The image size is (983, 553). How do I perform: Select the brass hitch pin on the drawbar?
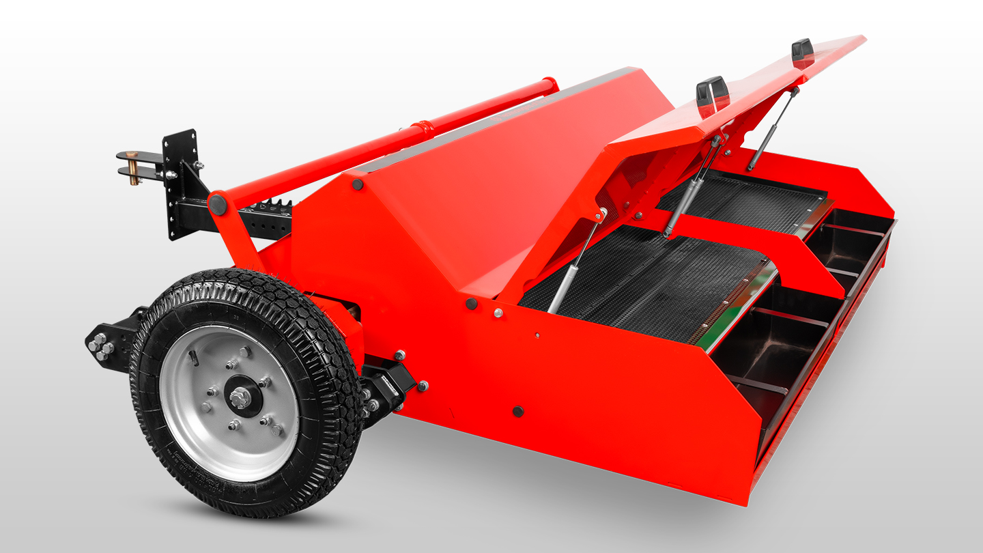pyautogui.click(x=134, y=167)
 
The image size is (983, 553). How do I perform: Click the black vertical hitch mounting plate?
pyautogui.click(x=179, y=184)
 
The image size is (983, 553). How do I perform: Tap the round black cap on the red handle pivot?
pyautogui.click(x=217, y=203)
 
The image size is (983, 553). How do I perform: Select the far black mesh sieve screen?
pyautogui.click(x=744, y=201)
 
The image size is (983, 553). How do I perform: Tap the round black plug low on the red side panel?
pyautogui.click(x=518, y=411)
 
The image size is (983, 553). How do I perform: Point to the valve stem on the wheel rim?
pyautogui.click(x=193, y=356)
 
